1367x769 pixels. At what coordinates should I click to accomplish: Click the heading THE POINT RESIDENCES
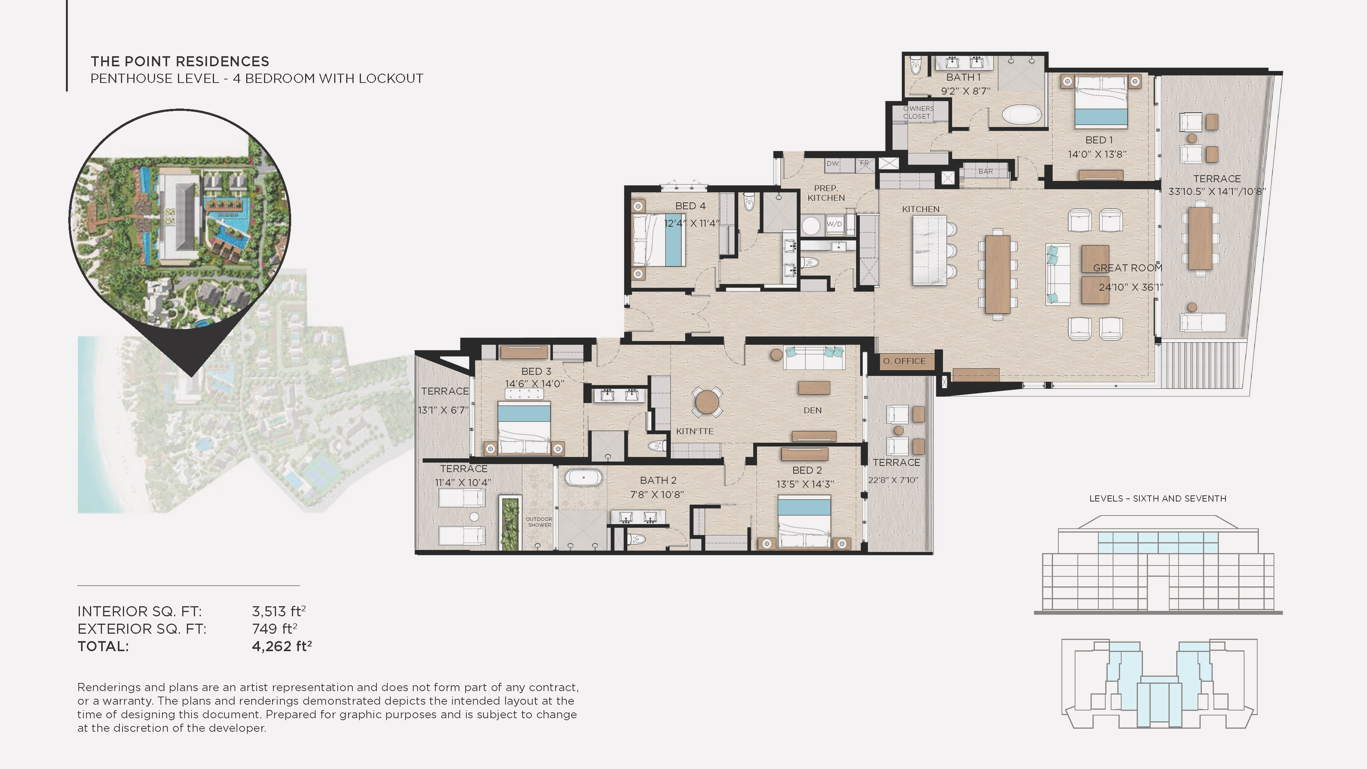tap(180, 62)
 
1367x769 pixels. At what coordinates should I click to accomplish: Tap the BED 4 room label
tap(690, 206)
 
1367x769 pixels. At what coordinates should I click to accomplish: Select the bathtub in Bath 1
tap(1022, 114)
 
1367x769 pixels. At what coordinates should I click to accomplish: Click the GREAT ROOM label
tap(1127, 268)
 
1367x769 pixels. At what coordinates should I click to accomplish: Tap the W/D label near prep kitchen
tap(834, 224)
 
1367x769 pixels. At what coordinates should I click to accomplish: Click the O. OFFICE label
tap(904, 361)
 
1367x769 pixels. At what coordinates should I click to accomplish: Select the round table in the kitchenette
tap(707, 402)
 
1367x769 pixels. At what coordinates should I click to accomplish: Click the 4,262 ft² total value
tap(281, 647)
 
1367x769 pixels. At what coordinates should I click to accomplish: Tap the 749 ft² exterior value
tap(274, 629)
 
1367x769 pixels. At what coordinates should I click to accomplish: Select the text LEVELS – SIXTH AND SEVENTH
tap(1157, 498)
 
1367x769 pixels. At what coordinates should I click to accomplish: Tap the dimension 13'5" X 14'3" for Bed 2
tap(805, 484)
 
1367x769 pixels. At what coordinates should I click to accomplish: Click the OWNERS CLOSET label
tap(918, 112)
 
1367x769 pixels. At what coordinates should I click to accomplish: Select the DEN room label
tap(812, 410)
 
